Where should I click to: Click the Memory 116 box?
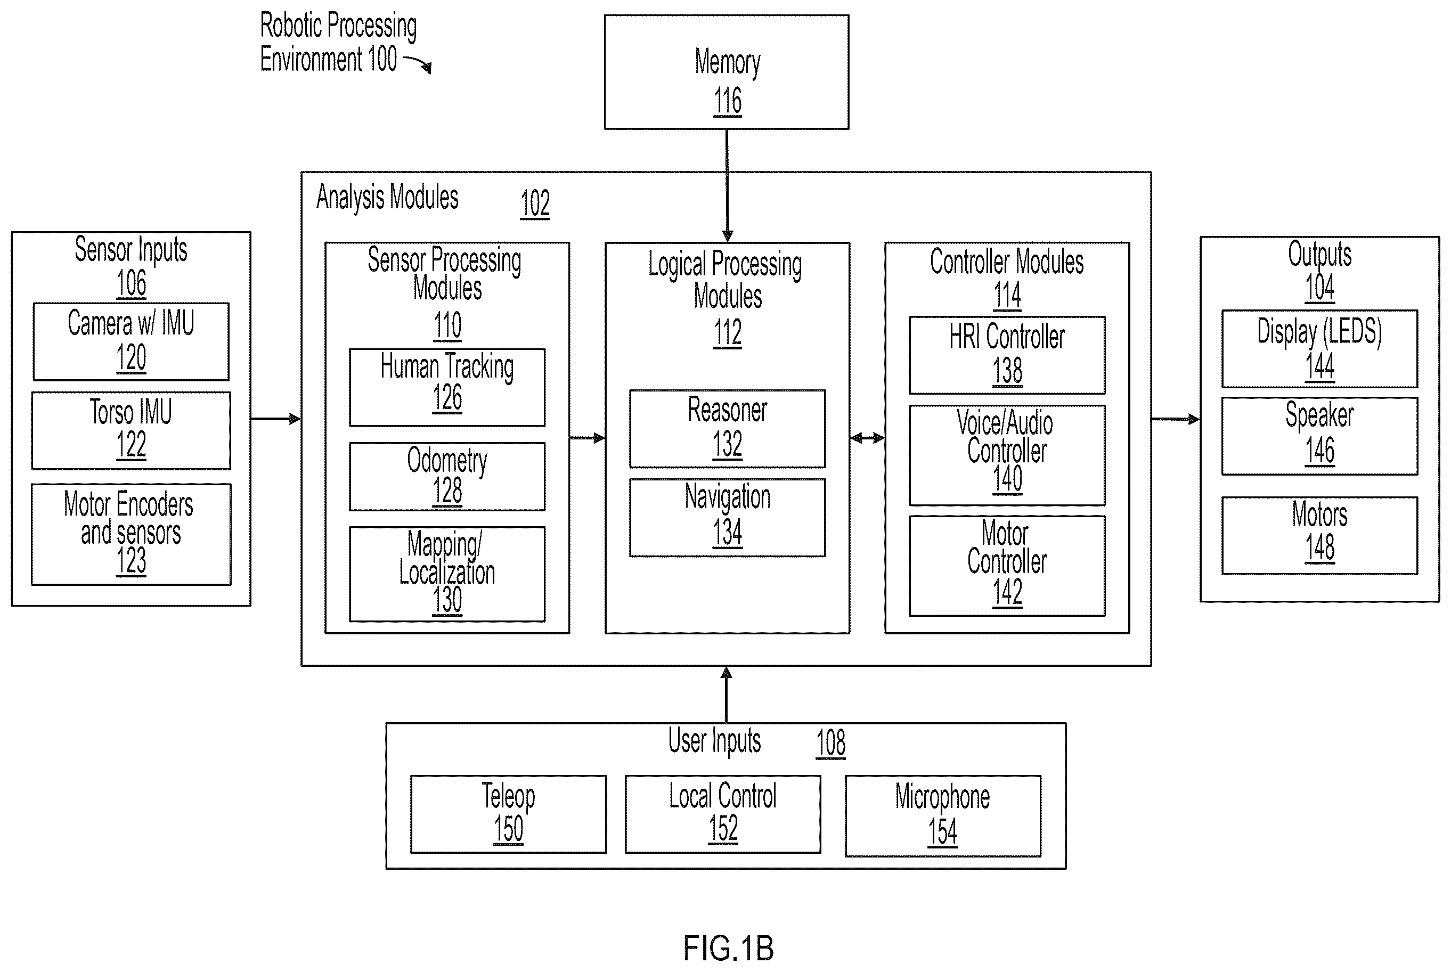[727, 72]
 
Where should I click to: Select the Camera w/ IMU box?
[131, 341]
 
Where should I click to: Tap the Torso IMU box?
[131, 430]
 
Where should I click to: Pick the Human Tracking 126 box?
[447, 387]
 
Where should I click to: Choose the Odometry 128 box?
[447, 476]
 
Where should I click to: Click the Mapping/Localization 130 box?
[447, 574]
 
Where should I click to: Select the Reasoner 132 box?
[727, 428]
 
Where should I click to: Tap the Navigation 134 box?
[727, 518]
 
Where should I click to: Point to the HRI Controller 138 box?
[1007, 355]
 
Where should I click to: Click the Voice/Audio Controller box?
[1007, 455]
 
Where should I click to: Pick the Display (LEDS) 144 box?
[1319, 348]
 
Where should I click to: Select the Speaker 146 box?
[1319, 436]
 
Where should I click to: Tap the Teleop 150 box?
[508, 814]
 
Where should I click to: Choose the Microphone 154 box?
[943, 816]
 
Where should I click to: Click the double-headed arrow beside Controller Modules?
[867, 438]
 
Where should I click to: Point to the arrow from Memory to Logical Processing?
[727, 186]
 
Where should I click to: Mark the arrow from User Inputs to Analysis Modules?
[727, 695]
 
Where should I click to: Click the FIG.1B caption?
[728, 948]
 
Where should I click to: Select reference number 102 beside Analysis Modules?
[535, 203]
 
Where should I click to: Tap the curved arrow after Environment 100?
[418, 64]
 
